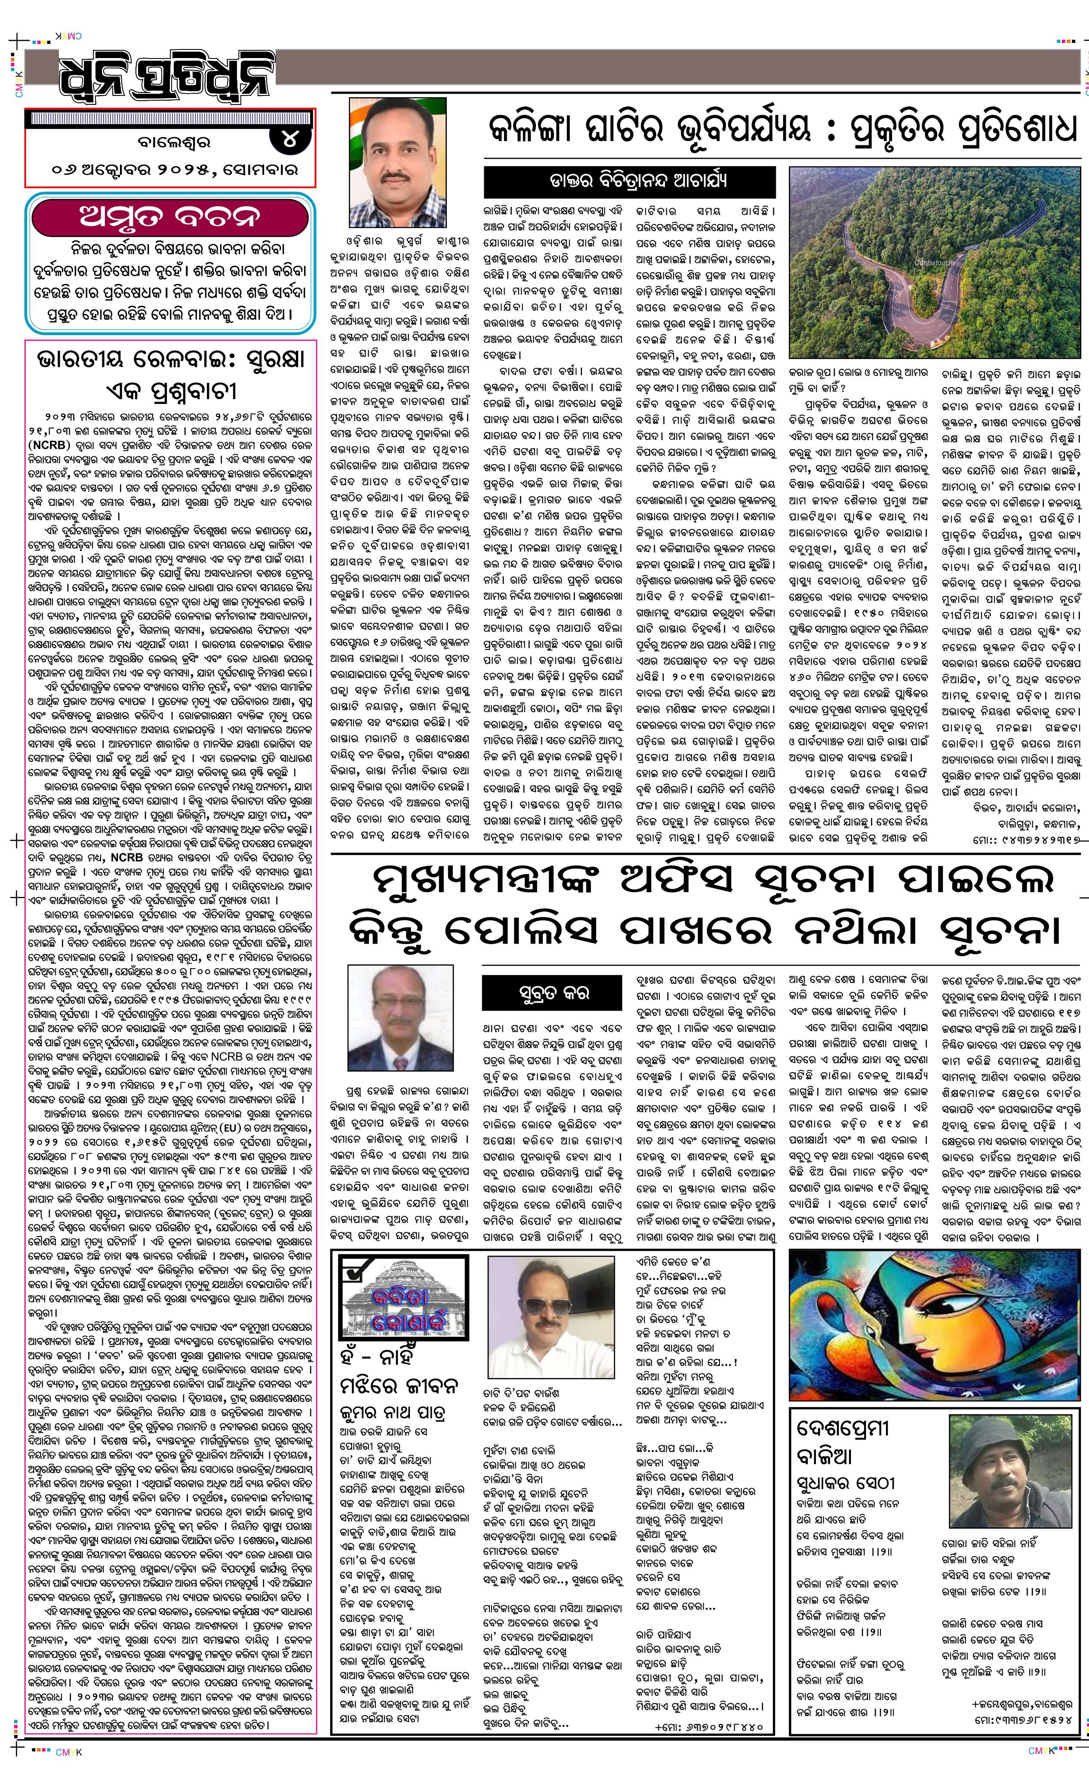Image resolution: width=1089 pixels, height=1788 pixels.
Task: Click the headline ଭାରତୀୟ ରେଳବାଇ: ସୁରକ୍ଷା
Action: click(x=170, y=360)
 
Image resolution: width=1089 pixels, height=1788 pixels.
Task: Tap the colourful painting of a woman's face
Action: click(x=933, y=1323)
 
